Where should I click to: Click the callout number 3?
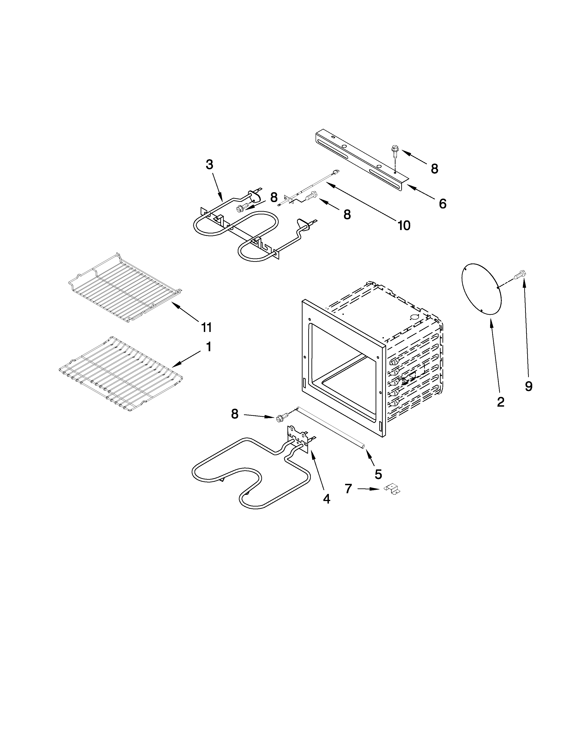(209, 165)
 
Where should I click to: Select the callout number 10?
(404, 226)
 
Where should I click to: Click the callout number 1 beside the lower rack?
(209, 347)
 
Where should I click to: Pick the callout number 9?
(529, 386)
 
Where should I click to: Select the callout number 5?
(378, 474)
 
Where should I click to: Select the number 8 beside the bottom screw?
(235, 414)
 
